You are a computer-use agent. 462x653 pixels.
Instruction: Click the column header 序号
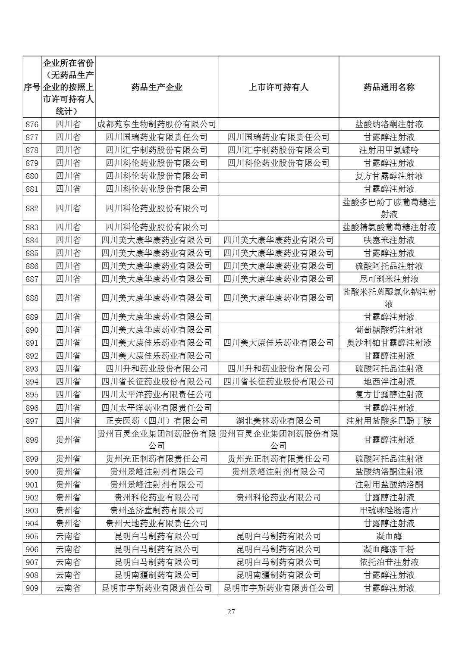[32, 87]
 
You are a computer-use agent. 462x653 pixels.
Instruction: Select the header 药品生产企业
[157, 87]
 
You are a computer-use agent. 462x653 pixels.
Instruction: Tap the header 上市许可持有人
[278, 87]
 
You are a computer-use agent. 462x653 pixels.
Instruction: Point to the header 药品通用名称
[389, 87]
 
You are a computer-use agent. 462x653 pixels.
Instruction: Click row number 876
[32, 125]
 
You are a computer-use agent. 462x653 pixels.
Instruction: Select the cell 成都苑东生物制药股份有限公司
[157, 125]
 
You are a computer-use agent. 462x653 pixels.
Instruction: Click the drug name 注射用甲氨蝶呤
[389, 150]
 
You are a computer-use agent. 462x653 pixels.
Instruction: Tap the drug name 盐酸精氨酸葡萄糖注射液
[389, 227]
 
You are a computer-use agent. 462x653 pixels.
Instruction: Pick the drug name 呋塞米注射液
[389, 240]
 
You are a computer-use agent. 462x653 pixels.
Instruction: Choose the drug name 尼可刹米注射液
[389, 279]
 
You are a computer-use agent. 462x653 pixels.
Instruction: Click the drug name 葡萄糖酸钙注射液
[389, 330]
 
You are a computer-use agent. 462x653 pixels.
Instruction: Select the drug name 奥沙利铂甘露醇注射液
[389, 343]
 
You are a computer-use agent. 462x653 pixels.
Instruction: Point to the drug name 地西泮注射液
[389, 381]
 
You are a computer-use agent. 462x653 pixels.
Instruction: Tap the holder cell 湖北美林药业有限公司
[278, 421]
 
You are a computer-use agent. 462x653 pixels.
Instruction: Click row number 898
[32, 440]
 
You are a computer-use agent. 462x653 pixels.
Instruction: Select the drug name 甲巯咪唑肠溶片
[389, 510]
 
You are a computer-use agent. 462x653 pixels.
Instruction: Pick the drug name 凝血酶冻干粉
[389, 549]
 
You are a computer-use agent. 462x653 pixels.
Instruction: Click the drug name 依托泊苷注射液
[389, 562]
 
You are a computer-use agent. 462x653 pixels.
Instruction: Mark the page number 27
[231, 612]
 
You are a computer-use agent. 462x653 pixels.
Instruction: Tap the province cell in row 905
[68, 536]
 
